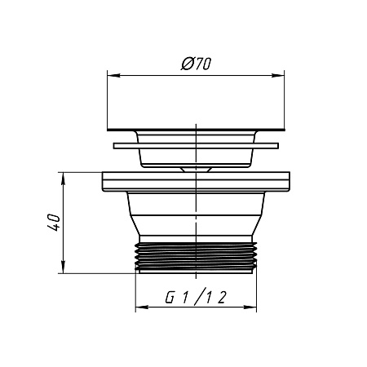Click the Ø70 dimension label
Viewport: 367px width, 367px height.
(196, 64)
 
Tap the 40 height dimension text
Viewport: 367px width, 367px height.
(54, 223)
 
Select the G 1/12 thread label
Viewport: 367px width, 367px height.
(196, 297)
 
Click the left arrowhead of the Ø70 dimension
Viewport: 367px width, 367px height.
(113, 75)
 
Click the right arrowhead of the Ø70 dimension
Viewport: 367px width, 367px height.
(278, 75)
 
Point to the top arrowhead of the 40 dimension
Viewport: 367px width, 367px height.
(63, 179)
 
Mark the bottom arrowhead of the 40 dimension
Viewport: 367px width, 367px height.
(63, 267)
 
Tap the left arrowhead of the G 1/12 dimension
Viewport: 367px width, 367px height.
(142, 307)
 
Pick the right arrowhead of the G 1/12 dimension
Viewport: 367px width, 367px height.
(250, 307)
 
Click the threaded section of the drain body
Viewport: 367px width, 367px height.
(196, 256)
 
